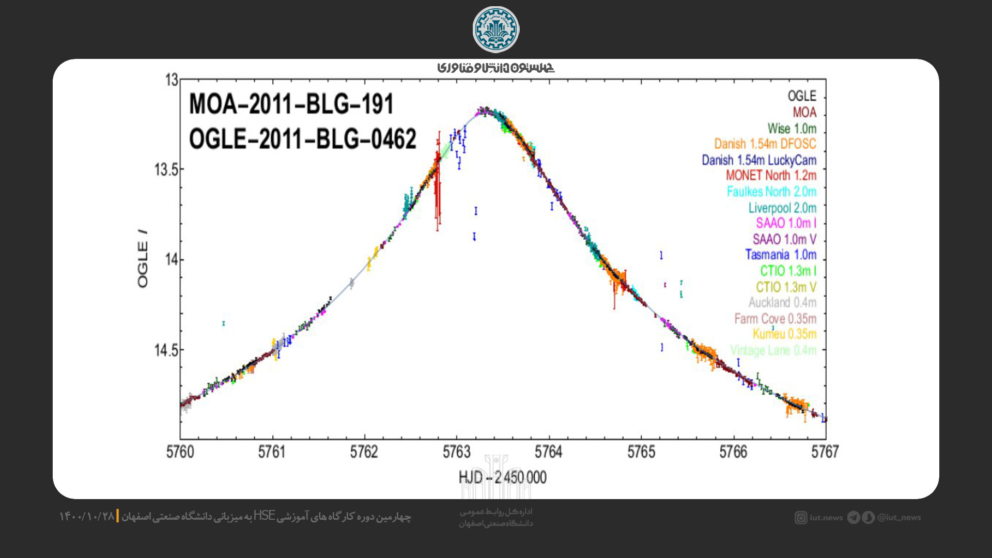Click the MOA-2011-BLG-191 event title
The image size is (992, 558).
[291, 104]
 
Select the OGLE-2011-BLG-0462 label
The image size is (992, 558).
[302, 139]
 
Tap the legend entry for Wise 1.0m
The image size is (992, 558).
[792, 128]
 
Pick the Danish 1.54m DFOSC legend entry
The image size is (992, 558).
[765, 144]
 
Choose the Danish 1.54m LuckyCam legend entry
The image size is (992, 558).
[759, 160]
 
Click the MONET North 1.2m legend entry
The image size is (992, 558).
[771, 176]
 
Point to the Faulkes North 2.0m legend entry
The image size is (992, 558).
[771, 192]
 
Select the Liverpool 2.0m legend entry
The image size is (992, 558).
[782, 208]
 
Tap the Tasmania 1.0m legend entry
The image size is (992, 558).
[781, 255]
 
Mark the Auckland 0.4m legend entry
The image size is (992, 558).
[782, 302]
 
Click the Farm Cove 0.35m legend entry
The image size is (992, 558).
[775, 318]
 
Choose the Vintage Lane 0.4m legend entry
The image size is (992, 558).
[773, 350]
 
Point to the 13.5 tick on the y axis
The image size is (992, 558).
[166, 169]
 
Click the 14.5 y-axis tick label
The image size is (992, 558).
[166, 350]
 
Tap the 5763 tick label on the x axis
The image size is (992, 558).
[457, 452]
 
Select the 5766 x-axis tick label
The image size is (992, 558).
[733, 452]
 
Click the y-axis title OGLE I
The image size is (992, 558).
[143, 258]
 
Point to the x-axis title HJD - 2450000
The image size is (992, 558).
[502, 477]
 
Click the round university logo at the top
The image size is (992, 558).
[496, 29]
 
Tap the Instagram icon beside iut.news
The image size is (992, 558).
[801, 518]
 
